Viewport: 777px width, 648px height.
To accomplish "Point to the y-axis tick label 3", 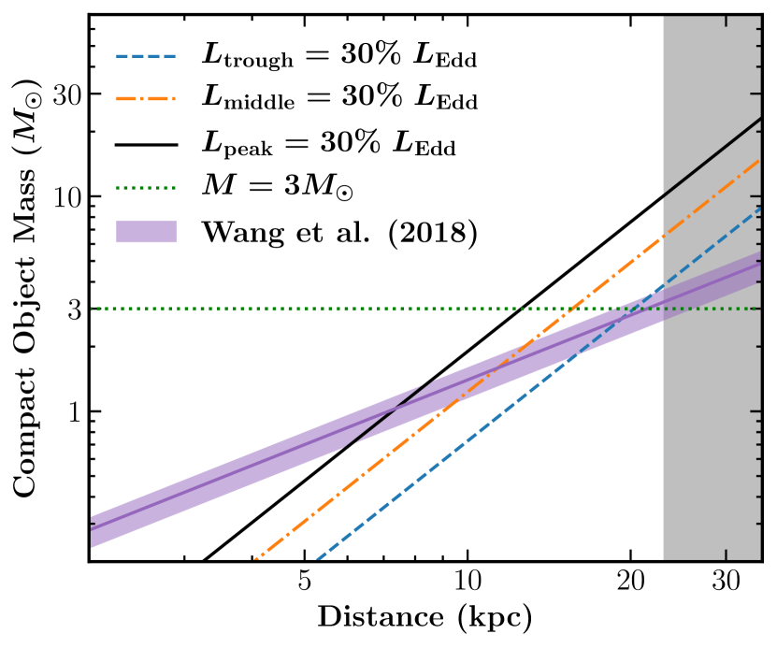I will click(x=71, y=309).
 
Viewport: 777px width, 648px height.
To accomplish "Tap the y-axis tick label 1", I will click(x=71, y=411).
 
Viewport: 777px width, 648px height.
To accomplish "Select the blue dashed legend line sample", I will click(x=147, y=57).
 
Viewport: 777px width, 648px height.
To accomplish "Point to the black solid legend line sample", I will click(x=147, y=145).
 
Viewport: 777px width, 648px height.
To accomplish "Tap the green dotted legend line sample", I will click(x=147, y=189).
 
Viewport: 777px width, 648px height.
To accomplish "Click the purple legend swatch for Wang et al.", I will click(x=147, y=232).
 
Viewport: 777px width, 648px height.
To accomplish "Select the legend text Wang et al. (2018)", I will click(x=340, y=232).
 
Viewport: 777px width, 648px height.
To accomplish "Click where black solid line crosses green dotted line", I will click(x=530, y=309).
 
